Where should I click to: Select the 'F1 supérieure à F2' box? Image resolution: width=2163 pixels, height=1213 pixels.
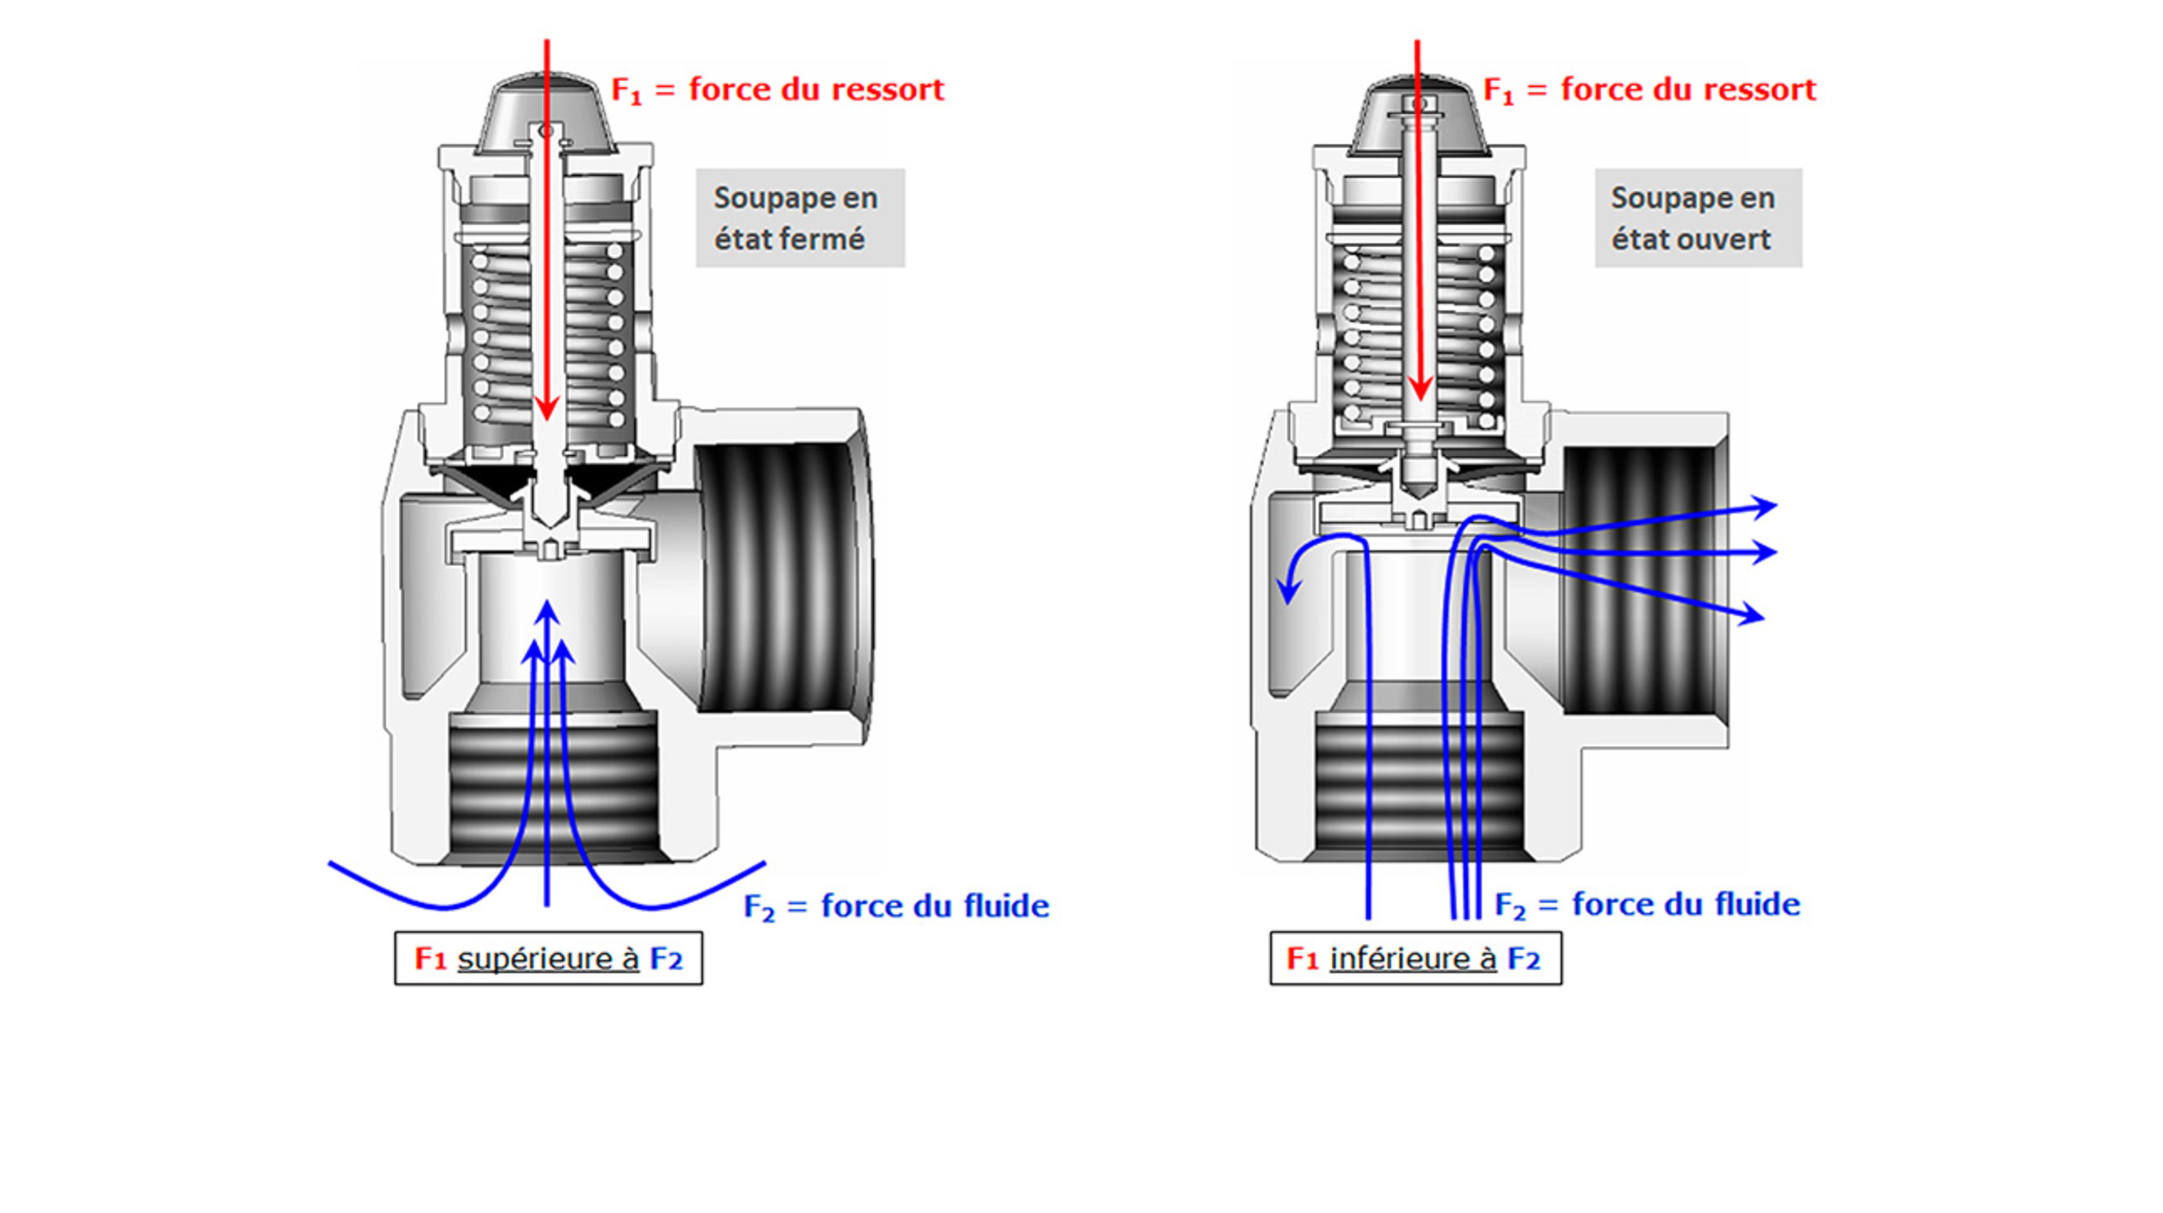pyautogui.click(x=548, y=958)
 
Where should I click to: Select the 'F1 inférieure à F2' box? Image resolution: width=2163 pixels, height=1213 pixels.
pyautogui.click(x=1415, y=958)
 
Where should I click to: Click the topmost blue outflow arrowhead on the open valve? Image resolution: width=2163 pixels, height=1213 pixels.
pyautogui.click(x=1765, y=506)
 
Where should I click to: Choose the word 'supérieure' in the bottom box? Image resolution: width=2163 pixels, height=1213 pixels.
pyautogui.click(x=548, y=958)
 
